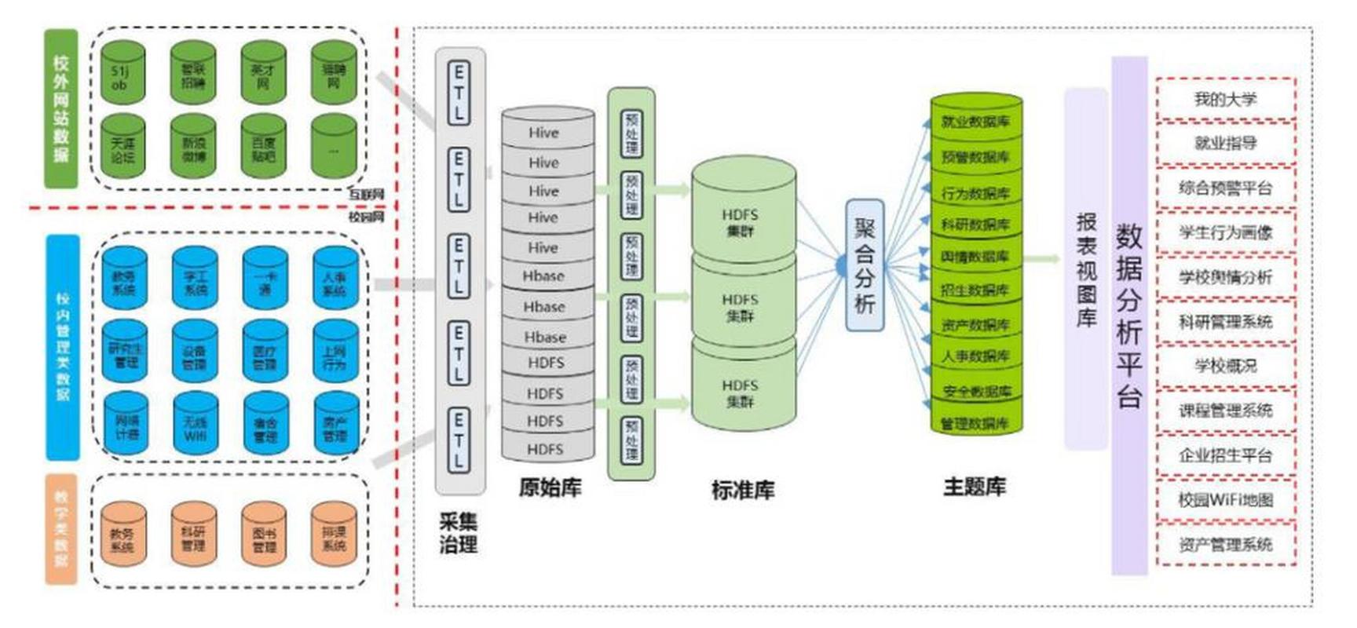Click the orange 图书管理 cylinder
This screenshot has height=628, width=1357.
pos(265,538)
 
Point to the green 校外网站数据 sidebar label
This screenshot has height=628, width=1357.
pos(60,108)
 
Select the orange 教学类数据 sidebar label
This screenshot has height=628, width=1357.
pos(60,528)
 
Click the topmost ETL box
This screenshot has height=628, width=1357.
pos(459,93)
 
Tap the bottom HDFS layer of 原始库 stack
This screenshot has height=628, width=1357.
pos(547,449)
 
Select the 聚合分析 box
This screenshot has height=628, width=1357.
pos(865,265)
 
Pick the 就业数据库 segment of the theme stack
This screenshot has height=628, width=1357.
pos(976,121)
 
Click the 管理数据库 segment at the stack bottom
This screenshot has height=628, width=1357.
pos(975,423)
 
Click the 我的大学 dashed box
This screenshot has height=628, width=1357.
pos(1225,99)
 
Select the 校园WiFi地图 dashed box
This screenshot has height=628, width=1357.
pos(1225,499)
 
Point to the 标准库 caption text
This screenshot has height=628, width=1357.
pos(742,491)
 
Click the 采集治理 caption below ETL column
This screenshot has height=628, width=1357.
pos(459,533)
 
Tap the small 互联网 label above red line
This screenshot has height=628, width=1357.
pos(366,194)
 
